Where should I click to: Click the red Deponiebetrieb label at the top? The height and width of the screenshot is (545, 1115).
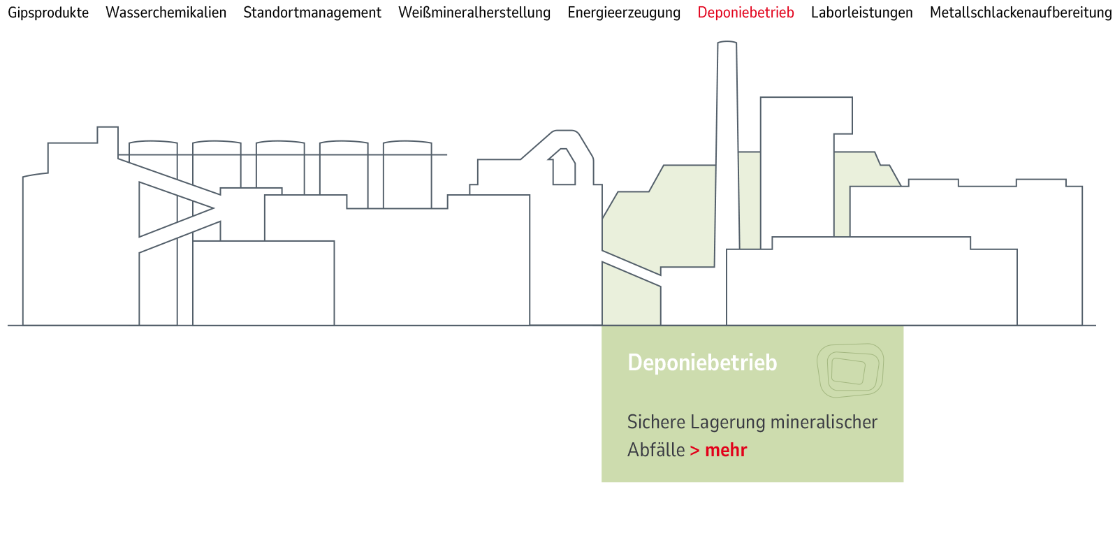(x=745, y=13)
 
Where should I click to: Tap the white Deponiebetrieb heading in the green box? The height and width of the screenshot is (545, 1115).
(x=702, y=363)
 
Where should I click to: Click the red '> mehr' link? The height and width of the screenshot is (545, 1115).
(x=719, y=450)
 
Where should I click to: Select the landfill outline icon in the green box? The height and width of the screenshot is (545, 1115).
(x=850, y=370)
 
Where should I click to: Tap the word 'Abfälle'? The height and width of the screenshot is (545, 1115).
(x=656, y=450)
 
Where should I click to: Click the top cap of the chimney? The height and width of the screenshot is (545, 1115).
(x=727, y=43)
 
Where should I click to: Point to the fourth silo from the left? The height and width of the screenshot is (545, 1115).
(x=344, y=168)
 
